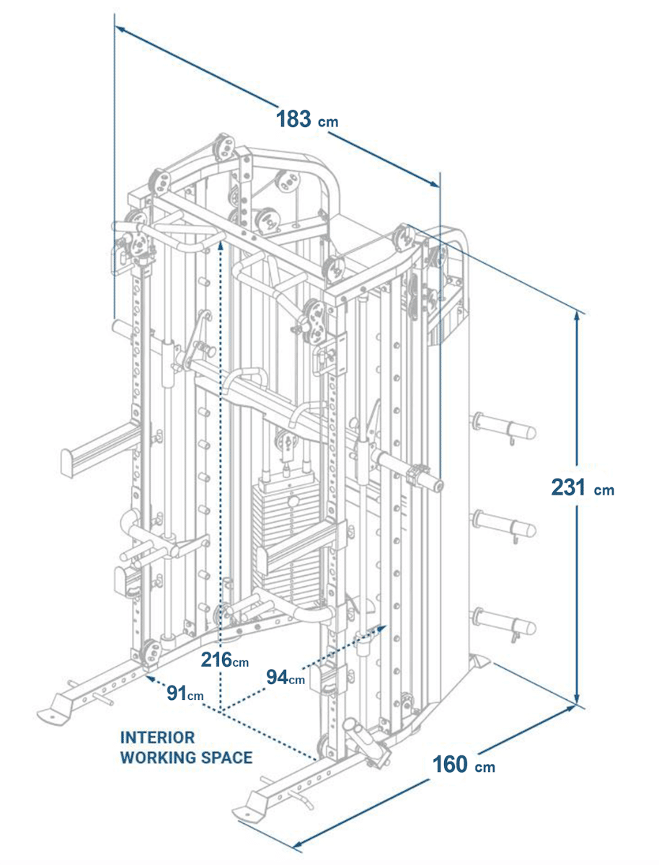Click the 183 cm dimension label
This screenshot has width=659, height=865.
tap(306, 119)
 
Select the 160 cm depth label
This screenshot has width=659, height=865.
tap(464, 765)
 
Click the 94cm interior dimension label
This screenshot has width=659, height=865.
tap(286, 678)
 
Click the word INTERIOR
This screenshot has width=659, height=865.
tap(157, 737)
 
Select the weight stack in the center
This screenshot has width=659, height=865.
tap(288, 533)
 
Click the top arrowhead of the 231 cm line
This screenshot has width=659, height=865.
tap(578, 314)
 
